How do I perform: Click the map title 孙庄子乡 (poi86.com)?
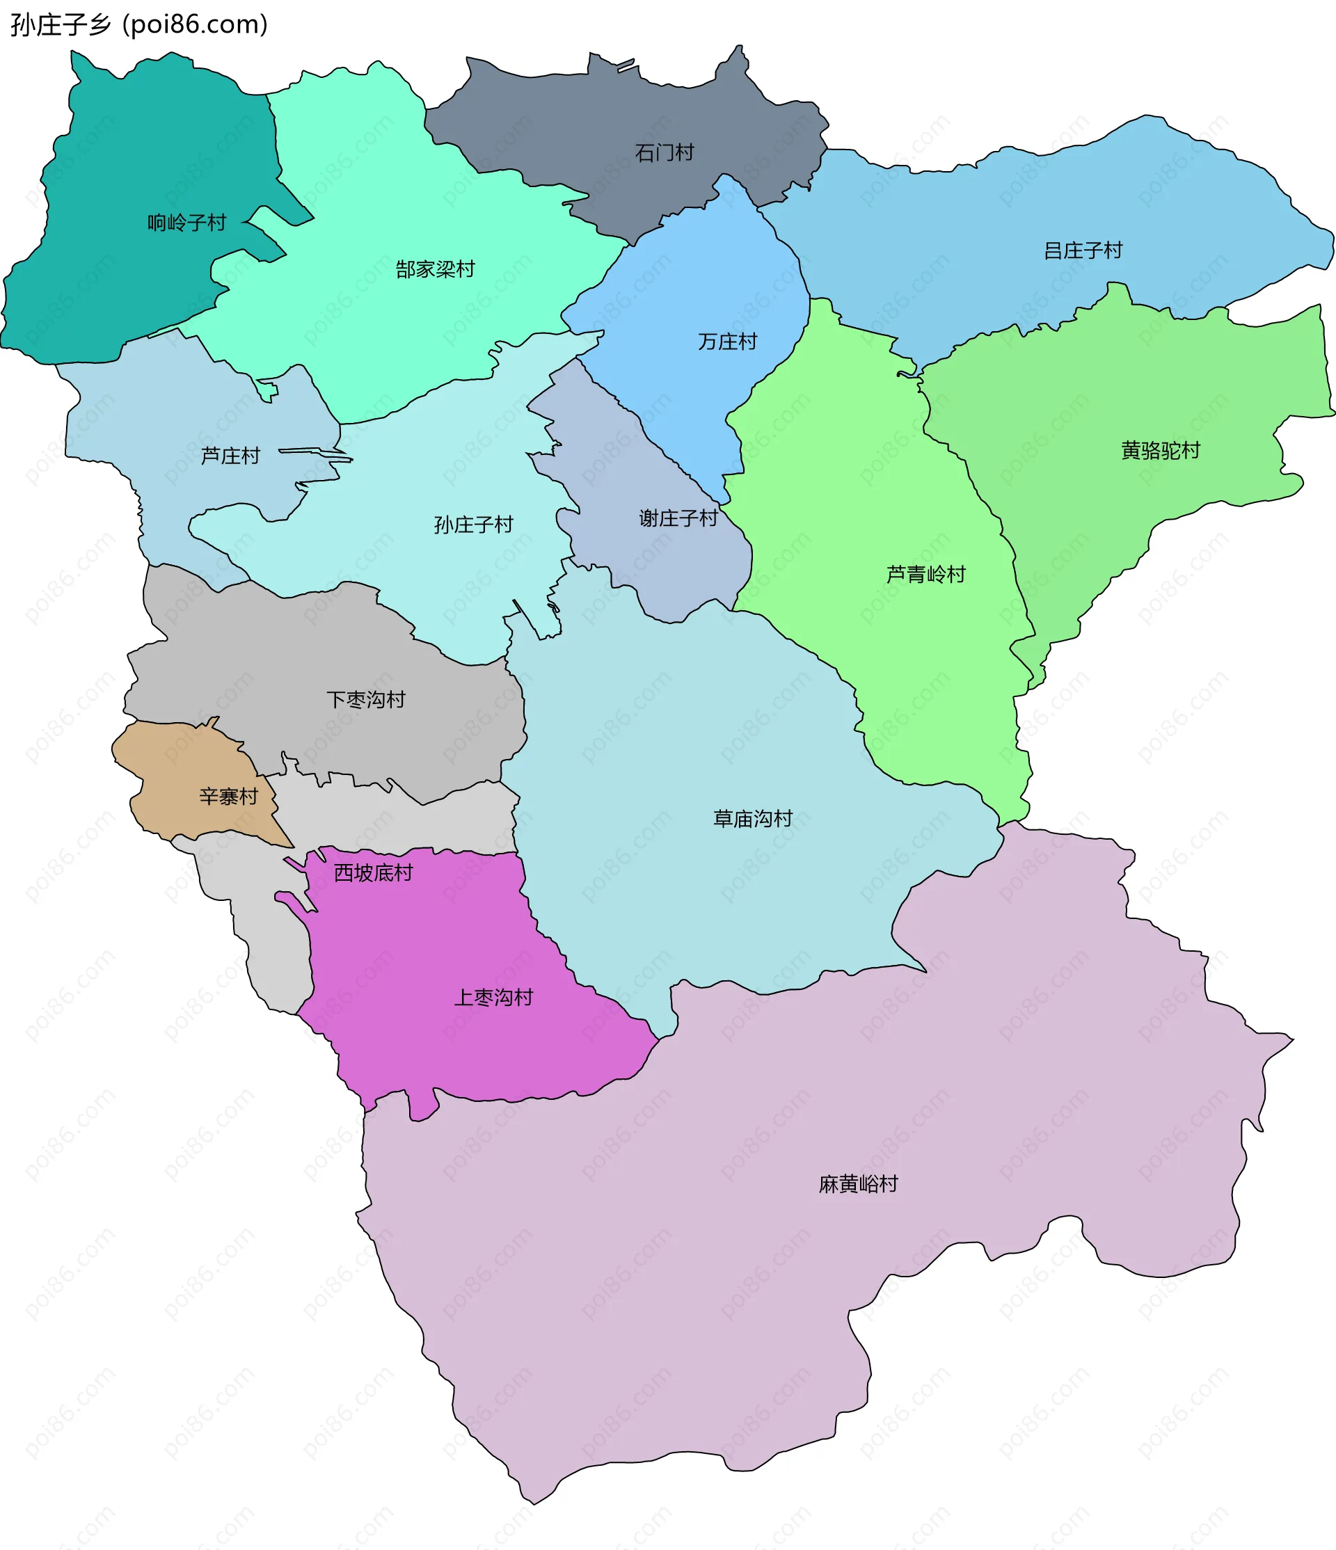[139, 24]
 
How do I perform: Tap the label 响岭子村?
[186, 223]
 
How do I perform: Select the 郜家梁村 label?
[436, 269]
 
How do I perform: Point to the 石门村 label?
[665, 153]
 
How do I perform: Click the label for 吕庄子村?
[1083, 250]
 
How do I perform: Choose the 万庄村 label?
[727, 342]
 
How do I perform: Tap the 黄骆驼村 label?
[1160, 450]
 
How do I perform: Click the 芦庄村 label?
[230, 456]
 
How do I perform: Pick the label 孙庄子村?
[473, 525]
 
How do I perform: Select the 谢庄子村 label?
[678, 518]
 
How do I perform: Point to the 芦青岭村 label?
[925, 574]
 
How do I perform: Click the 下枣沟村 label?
[366, 699]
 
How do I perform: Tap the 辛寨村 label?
[228, 796]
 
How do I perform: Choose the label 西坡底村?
[372, 872]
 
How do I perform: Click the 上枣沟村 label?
[494, 997]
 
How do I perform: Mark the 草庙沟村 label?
[752, 818]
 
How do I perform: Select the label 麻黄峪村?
[858, 1183]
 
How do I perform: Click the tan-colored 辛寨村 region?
[180, 771]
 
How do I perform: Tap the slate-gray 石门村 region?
[598, 112]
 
